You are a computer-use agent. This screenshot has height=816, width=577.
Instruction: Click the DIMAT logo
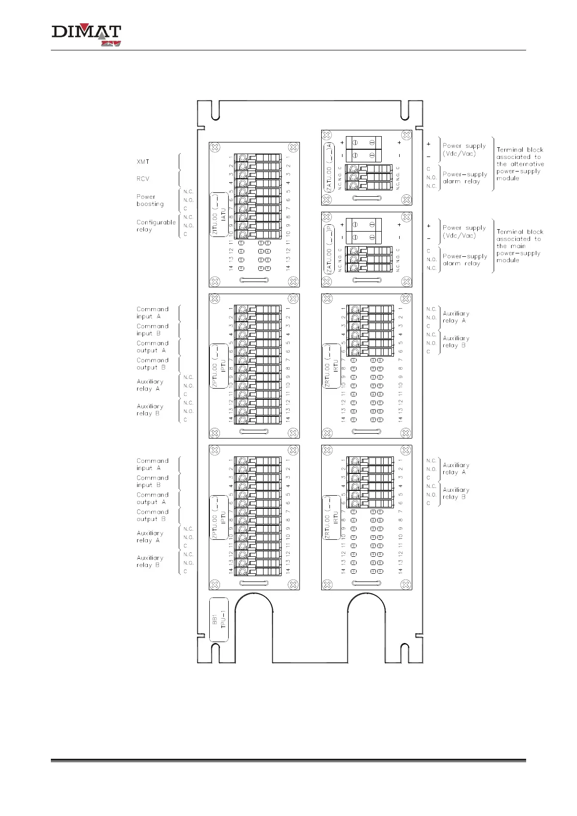coord(86,35)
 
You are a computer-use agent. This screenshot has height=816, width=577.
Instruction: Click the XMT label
coord(143,161)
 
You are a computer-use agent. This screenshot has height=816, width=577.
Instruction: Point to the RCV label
coord(143,179)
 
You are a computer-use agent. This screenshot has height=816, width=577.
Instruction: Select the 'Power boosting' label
coord(150,201)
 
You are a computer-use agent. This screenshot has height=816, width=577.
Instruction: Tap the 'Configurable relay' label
coord(156,226)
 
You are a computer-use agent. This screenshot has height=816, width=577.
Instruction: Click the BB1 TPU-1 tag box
coord(218,620)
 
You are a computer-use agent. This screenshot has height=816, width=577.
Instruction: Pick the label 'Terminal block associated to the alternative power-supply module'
coord(520,164)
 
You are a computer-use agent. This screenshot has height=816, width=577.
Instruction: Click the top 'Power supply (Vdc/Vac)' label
coord(464,150)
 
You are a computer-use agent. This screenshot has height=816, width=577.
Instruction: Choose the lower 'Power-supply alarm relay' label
coord(464,260)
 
